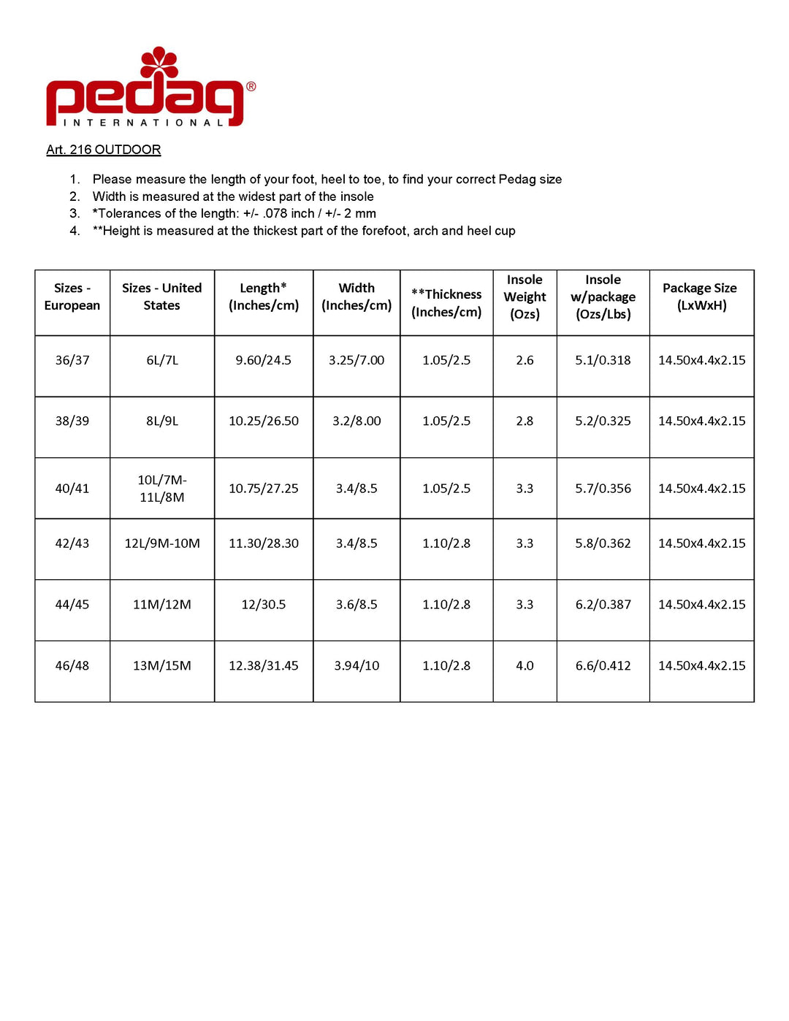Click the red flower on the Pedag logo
click(x=159, y=62)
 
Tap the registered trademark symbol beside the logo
click(x=251, y=86)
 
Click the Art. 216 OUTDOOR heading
click(x=103, y=150)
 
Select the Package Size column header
click(x=701, y=297)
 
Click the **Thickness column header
click(x=446, y=302)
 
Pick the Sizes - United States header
click(x=161, y=297)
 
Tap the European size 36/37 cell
click(x=72, y=360)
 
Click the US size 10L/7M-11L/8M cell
click(x=161, y=488)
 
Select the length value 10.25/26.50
click(x=264, y=421)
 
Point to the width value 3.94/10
click(x=357, y=665)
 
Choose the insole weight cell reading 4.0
click(x=525, y=665)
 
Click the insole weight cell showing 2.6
click(x=525, y=360)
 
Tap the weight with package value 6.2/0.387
click(x=603, y=604)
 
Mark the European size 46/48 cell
click(x=72, y=665)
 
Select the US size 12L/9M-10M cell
click(x=161, y=543)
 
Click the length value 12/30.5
click(x=264, y=604)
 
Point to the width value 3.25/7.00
click(x=357, y=360)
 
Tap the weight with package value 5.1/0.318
click(x=603, y=360)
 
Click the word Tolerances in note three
click(x=129, y=213)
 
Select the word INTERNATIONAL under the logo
click(x=143, y=123)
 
